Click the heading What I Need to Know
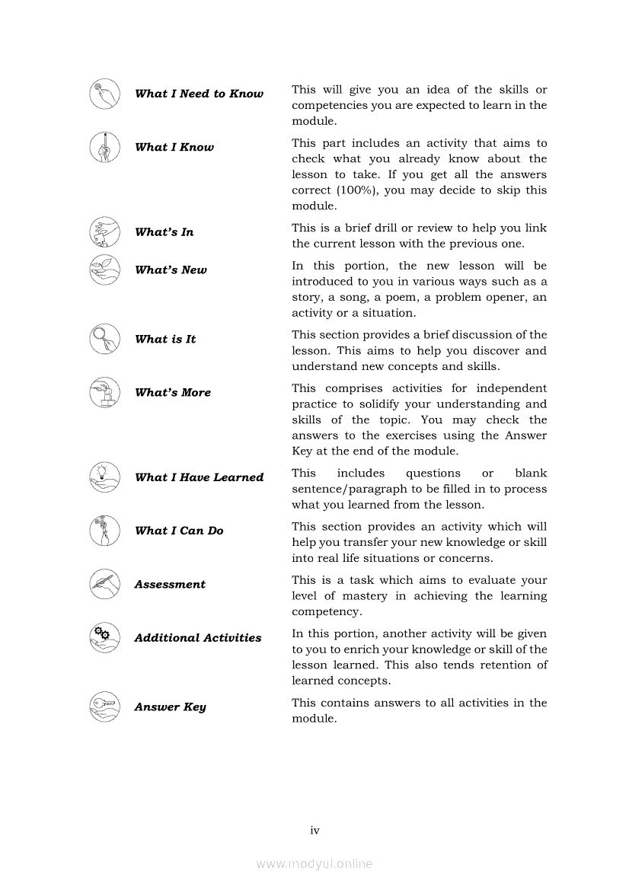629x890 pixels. tap(199, 94)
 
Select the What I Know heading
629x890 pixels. tap(174, 147)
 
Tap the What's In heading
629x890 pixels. tap(164, 232)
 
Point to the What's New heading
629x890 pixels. tap(171, 270)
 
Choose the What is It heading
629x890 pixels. tap(165, 340)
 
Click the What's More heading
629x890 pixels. tap(173, 393)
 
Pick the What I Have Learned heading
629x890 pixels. tap(199, 477)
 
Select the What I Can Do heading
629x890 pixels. tap(179, 531)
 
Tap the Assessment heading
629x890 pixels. tap(170, 585)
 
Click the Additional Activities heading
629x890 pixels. tap(198, 638)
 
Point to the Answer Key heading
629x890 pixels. tap(170, 707)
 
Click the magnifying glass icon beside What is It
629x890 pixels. tap(104, 339)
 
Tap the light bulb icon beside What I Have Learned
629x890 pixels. tap(104, 477)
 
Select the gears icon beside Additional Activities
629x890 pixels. tap(104, 637)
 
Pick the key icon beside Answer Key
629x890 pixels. tap(104, 707)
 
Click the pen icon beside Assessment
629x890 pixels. tap(104, 584)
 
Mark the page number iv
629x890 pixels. tap(314, 830)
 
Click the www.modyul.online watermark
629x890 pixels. tap(314, 863)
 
